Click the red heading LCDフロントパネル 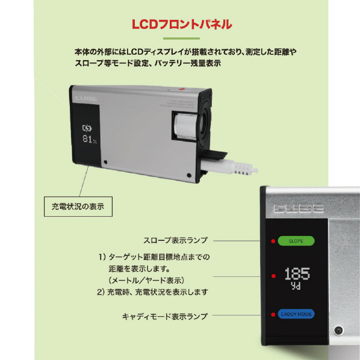pos(182,24)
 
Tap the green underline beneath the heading pos(181,39)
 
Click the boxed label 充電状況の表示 pos(78,206)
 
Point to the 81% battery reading pos(90,139)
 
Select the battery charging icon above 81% pos(87,128)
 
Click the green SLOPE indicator pos(296,241)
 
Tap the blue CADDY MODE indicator pos(296,314)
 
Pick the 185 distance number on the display pos(297,274)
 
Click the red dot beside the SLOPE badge pos(273,241)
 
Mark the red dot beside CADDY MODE pos(273,314)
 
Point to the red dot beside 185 pos(273,276)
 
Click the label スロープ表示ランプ pos(175,240)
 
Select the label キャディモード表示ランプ pos(165,317)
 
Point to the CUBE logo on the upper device pos(86,99)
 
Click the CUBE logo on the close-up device pos(299,208)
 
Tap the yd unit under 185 pos(296,286)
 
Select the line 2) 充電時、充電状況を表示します pos(152,292)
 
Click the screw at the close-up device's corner pos(338,331)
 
